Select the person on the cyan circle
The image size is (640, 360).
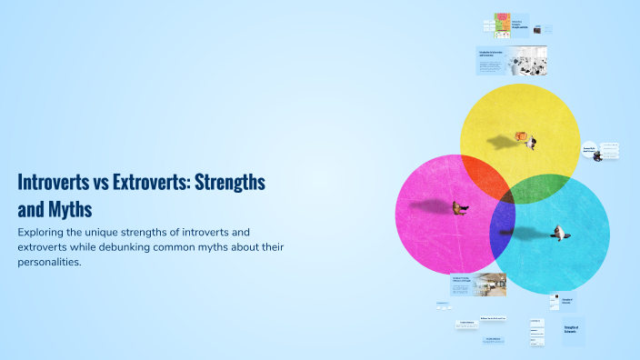(564, 234)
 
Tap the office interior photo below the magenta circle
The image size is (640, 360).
(490, 285)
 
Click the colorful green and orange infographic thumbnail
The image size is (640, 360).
(501, 25)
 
